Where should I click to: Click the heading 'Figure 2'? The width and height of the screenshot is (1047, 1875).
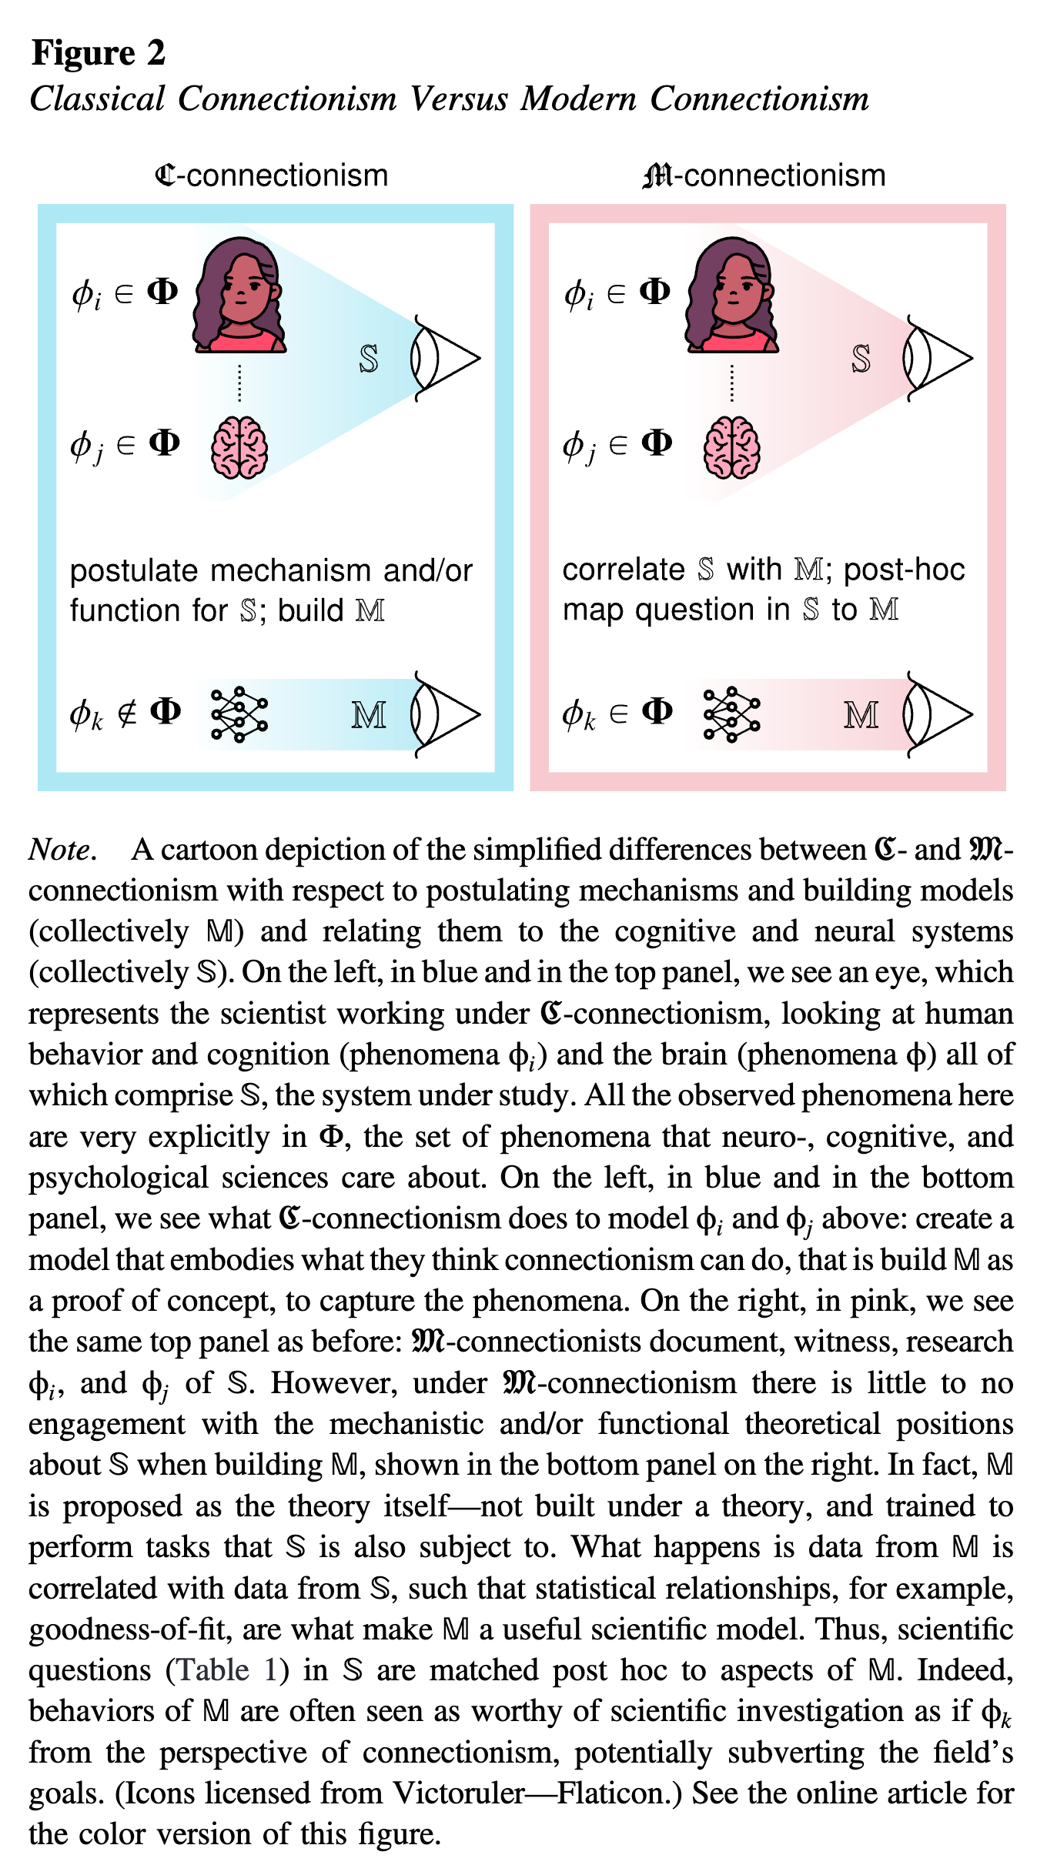98,53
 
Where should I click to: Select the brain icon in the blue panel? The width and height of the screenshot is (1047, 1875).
239,447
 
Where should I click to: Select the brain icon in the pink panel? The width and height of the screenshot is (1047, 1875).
731,447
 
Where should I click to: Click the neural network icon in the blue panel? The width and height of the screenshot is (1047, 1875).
239,714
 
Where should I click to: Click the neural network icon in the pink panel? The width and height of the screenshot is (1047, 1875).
731,714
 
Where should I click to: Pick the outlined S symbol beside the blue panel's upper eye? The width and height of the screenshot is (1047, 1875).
369,359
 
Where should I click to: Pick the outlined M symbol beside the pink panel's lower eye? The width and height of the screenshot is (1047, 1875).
861,715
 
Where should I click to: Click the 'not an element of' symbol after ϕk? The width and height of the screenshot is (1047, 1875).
127,714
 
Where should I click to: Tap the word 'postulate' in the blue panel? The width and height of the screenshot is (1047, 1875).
135,572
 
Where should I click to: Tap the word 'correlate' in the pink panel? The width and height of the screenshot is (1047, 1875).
623,570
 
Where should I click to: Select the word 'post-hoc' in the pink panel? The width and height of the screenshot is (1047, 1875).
904,570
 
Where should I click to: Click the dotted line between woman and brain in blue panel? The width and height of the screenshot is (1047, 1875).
239,383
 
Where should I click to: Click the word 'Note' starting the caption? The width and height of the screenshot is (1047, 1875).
60,850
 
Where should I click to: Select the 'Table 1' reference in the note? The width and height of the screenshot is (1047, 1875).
226,1670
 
